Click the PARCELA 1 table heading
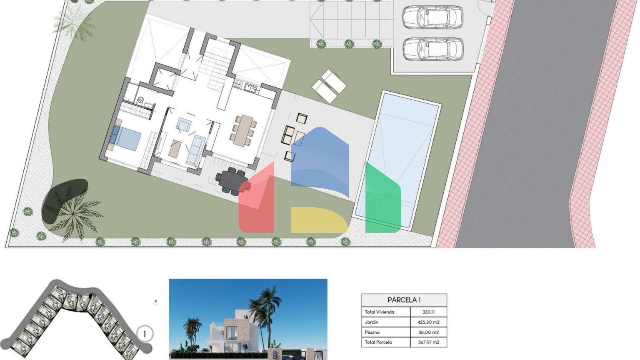click(404, 300)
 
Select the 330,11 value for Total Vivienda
click(428, 312)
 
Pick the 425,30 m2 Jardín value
click(428, 322)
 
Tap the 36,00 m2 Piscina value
click(428, 332)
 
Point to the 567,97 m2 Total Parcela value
click(428, 342)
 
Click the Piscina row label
click(372, 332)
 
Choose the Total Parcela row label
click(378, 342)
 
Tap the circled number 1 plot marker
click(145, 334)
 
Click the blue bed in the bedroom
click(126, 138)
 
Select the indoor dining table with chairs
click(243, 130)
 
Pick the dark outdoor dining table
click(232, 181)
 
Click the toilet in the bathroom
click(140, 100)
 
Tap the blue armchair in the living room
click(184, 125)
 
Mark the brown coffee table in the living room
click(175, 148)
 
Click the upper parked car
click(433, 17)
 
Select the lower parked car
click(433, 49)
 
